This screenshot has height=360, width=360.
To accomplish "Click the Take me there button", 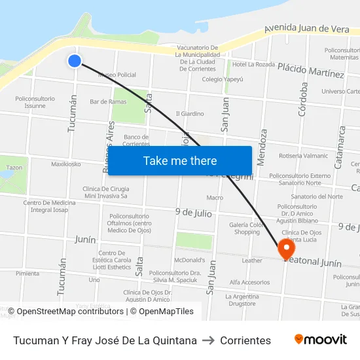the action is coord(180,160).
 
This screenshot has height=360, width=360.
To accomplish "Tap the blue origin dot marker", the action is coord(75,61).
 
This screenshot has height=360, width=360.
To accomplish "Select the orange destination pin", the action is coord(286,249).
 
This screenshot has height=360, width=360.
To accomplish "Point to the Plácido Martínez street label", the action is coord(311,69).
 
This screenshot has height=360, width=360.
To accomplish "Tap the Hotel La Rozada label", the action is coord(253,64).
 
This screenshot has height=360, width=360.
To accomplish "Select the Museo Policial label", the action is coord(117,75).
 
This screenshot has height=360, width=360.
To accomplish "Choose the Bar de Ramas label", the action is coord(108,101).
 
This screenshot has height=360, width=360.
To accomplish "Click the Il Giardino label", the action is coord(190,113).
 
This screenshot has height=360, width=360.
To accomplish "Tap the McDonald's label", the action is coord(189,260).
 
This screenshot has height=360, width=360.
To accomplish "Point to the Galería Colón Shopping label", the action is coord(247,228).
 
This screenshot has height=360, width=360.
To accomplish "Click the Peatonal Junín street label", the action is coord(314,262).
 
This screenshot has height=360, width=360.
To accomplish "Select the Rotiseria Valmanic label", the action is coord(303,156).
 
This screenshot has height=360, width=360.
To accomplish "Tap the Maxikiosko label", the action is coord(66,164).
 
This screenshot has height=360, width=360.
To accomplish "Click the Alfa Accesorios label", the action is coord(249,282).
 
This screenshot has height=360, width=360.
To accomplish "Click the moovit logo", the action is coord(321,339).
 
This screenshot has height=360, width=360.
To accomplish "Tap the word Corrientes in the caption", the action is coord(245,340).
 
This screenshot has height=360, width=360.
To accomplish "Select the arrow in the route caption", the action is coord(209,340).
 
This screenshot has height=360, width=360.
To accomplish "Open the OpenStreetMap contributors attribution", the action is coord(66,312).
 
